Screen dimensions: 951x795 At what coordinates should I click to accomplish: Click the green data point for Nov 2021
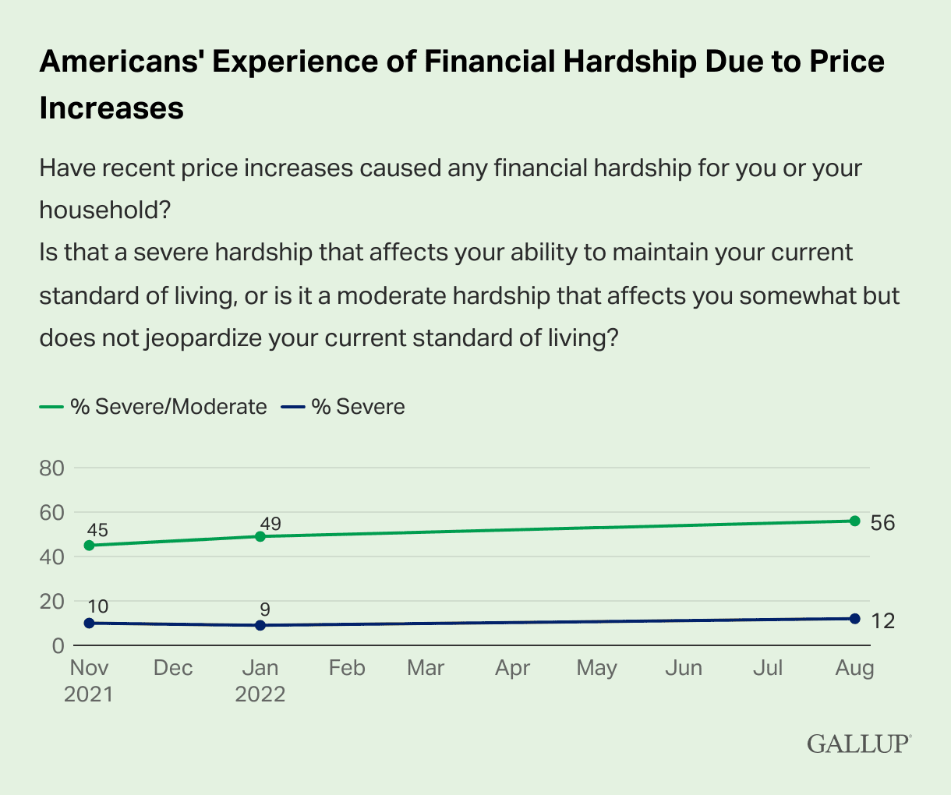click(90, 545)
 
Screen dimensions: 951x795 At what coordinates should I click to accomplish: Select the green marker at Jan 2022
click(260, 536)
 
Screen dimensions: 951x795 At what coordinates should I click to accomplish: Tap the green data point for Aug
click(855, 521)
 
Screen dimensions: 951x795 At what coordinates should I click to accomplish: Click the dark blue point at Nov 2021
click(90, 623)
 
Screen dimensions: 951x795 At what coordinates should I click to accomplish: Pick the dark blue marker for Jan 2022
click(260, 625)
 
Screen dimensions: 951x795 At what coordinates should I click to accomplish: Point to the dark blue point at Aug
click(855, 618)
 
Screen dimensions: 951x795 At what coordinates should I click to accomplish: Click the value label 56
click(882, 523)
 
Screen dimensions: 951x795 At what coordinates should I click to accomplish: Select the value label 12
click(882, 620)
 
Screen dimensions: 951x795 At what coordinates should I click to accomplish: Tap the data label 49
click(270, 524)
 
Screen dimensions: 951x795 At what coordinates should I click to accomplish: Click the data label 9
click(265, 609)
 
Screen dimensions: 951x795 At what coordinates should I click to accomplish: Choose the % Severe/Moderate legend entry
click(153, 406)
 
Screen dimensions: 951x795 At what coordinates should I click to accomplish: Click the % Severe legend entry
click(342, 406)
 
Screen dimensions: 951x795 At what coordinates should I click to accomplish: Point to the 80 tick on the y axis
click(51, 468)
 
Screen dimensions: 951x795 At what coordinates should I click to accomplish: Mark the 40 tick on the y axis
click(51, 556)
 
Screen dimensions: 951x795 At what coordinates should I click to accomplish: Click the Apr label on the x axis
click(512, 669)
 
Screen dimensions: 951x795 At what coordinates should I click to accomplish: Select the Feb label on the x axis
click(347, 668)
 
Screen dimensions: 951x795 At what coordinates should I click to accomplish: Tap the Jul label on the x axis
click(768, 668)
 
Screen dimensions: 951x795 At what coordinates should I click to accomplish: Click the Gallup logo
click(859, 744)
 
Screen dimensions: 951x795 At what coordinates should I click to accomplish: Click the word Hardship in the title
click(630, 62)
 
